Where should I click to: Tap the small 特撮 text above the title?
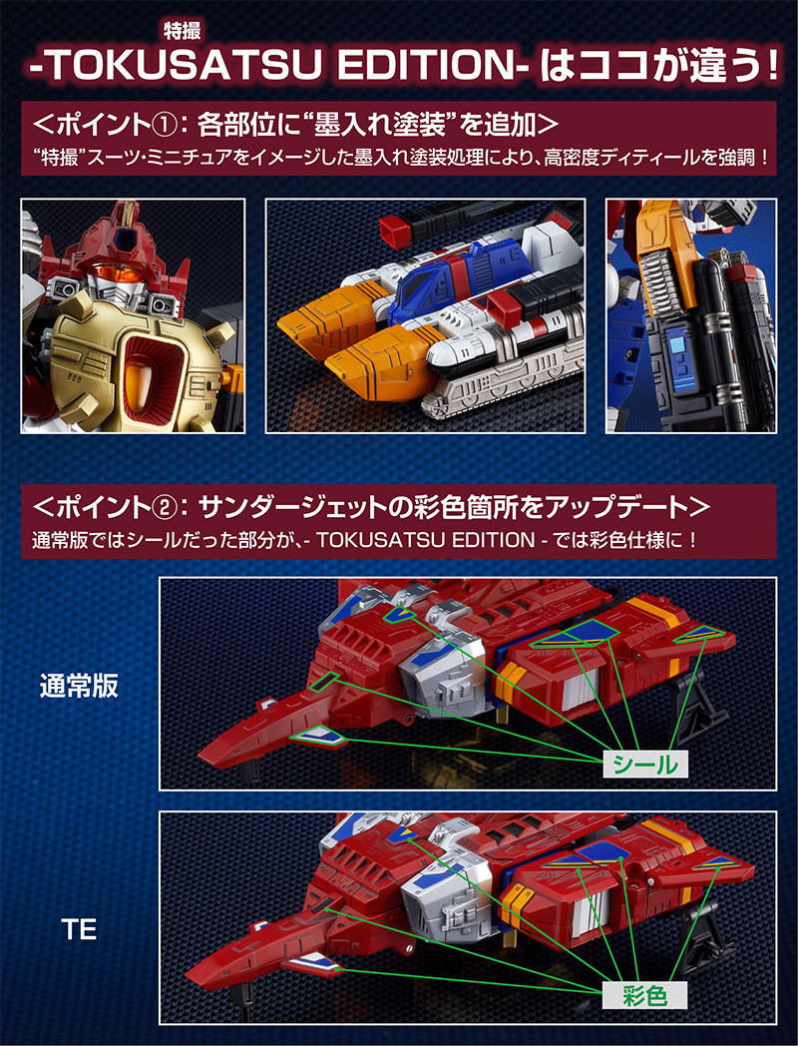click(182, 30)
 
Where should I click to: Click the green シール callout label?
click(644, 764)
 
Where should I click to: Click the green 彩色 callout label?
click(644, 996)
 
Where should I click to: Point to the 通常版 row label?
click(79, 685)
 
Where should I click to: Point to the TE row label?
click(79, 928)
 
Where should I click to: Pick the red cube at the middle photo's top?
click(394, 233)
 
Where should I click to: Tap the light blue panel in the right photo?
click(679, 348)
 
